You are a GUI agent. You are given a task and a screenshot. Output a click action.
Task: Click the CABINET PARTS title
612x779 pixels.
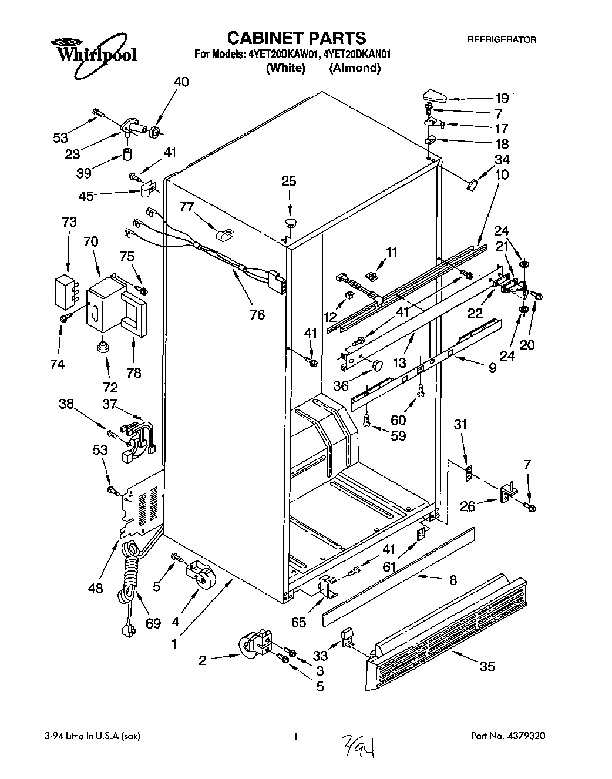tap(296, 38)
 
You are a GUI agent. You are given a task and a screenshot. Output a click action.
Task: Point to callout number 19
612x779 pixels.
tap(502, 98)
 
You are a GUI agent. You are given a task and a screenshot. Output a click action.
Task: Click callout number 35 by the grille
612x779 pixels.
tap(487, 666)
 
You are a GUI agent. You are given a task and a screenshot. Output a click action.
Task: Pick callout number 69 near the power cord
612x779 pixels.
tap(153, 623)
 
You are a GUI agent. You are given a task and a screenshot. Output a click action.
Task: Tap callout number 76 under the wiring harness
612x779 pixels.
tap(257, 315)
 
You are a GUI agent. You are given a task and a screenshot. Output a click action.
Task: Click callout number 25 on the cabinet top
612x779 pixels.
tap(288, 182)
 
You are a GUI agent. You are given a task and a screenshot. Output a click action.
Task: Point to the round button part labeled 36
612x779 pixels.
tap(376, 365)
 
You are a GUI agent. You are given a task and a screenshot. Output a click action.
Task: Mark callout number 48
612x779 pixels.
tap(95, 588)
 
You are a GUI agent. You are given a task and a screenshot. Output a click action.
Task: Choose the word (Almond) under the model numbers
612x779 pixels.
tap(355, 68)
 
